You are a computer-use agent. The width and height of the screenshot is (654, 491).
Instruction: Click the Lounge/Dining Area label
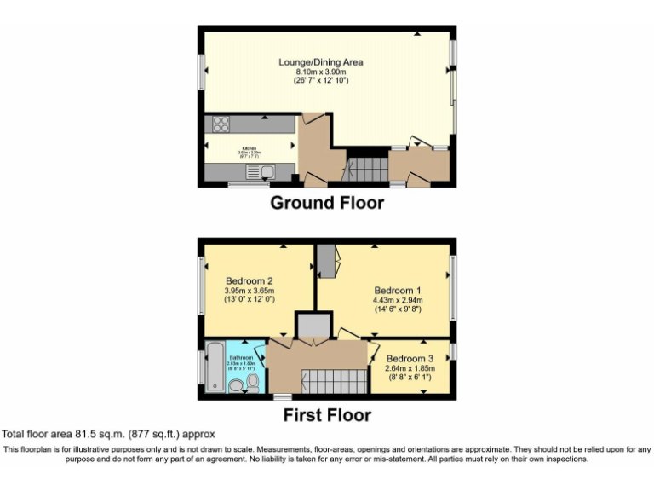327,62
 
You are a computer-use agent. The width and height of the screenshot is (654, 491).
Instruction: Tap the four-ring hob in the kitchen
220,124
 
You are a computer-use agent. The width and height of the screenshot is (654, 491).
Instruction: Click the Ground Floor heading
327,203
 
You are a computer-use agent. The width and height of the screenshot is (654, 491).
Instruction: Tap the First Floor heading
327,416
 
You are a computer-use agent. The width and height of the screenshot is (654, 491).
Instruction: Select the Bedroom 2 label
249,280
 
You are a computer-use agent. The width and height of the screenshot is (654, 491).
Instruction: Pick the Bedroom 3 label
410,358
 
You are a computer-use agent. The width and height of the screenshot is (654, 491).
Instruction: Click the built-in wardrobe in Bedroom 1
325,260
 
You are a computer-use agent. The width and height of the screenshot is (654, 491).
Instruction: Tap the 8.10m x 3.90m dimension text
327,72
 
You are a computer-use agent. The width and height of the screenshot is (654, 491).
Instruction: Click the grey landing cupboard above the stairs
312,325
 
